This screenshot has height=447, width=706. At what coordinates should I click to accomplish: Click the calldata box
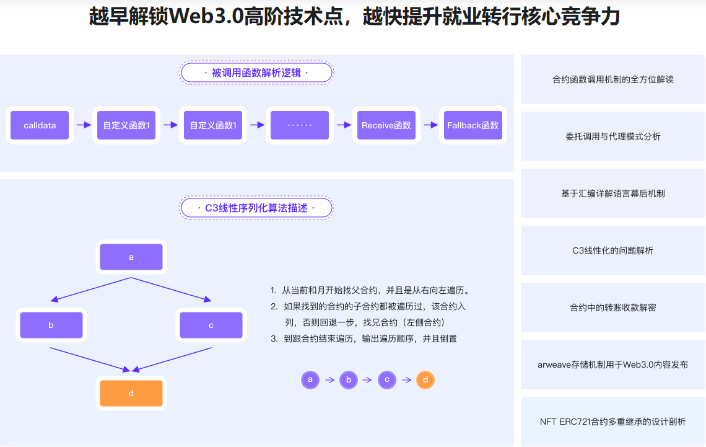[x=40, y=125]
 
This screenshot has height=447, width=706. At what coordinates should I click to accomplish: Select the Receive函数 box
[x=386, y=125]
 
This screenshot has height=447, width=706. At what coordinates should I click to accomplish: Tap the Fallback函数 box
[x=473, y=125]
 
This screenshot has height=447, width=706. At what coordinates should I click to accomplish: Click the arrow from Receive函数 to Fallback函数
[x=430, y=125]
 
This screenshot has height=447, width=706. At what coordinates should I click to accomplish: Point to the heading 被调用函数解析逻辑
[x=256, y=73]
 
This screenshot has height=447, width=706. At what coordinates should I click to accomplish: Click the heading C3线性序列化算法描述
[x=256, y=208]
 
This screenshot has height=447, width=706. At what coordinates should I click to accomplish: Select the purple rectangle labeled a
[x=131, y=257]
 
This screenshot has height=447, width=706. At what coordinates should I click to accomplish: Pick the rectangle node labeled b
[x=51, y=325]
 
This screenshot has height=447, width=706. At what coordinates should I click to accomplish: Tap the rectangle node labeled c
[x=211, y=325]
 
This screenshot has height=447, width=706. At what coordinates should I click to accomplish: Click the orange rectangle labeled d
[x=131, y=393]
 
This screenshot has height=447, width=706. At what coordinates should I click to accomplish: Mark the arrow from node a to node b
[x=90, y=289]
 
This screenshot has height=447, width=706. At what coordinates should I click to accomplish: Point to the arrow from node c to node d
[x=172, y=360]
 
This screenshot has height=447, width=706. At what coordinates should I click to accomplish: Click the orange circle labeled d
[x=425, y=380]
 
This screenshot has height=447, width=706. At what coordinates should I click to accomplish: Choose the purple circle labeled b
[x=349, y=380]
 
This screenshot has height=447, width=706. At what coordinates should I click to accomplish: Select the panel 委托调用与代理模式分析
[x=612, y=136]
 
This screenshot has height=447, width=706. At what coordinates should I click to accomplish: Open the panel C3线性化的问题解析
[x=612, y=250]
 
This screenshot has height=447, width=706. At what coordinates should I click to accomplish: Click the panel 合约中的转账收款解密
[x=612, y=308]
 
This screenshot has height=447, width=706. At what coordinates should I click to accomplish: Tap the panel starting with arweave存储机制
[x=612, y=365]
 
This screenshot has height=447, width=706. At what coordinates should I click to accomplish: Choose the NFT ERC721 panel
[x=612, y=422]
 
